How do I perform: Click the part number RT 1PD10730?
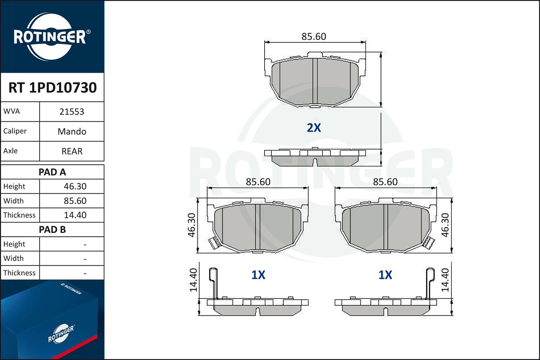point(53,87)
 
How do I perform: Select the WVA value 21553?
point(72,112)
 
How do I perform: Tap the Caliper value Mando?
point(72,131)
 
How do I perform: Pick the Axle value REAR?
point(72,151)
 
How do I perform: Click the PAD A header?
point(52,172)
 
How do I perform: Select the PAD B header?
point(52,230)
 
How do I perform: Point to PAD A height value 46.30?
point(75,186)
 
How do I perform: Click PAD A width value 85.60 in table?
point(75,201)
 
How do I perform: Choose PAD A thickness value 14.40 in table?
point(75,215)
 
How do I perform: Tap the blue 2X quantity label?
point(314,128)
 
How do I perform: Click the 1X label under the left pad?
point(258,275)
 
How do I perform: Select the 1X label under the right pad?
point(385,275)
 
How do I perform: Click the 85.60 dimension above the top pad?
point(314,37)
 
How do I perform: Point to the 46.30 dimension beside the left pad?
point(192,225)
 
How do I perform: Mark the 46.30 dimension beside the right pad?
point(445,225)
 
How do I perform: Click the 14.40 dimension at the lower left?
point(193,280)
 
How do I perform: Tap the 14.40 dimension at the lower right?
point(445,280)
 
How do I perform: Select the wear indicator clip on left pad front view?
point(213,244)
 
